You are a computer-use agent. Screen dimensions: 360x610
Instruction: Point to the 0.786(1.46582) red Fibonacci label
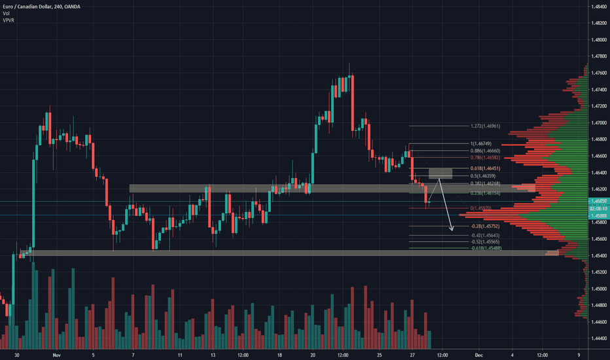coord(486,158)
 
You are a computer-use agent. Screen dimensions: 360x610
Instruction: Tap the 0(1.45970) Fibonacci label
coord(482,208)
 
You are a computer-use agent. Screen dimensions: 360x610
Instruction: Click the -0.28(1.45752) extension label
coord(485,226)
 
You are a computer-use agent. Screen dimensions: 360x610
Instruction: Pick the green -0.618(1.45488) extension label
coord(486,248)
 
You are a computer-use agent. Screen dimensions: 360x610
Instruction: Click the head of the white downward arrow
coord(452,230)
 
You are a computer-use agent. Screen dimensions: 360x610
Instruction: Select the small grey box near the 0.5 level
coord(440,173)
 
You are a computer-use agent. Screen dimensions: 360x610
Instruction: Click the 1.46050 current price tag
coord(598,201)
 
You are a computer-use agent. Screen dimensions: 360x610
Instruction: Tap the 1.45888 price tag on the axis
coord(598,215)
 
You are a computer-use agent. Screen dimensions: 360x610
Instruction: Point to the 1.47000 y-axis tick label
coord(598,122)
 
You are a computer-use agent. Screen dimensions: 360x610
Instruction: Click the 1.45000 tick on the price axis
coord(598,289)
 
